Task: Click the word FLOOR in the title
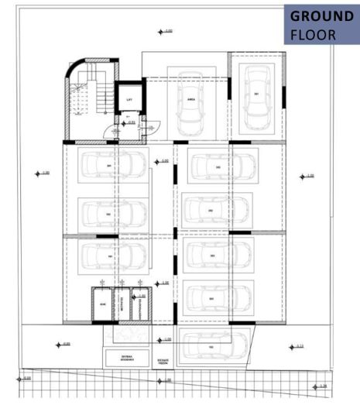pos(314,35)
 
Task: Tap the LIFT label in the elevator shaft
pos(129,101)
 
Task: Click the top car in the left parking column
pos(113,164)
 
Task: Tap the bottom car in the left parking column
pos(113,256)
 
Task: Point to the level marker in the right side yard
pos(307,177)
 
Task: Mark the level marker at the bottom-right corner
pos(321,385)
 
